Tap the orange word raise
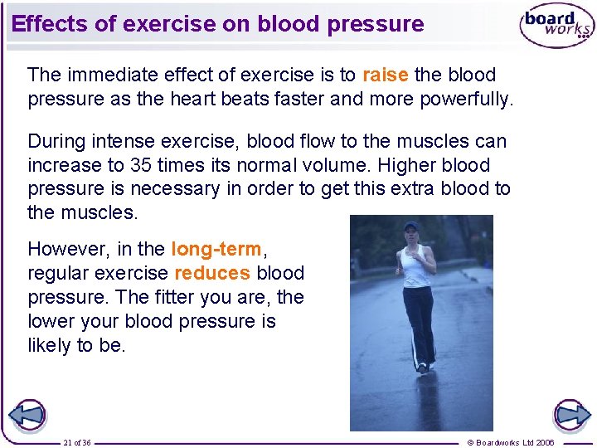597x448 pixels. pos(385,75)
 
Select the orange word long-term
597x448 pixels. pos(216,249)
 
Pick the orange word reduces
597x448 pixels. pos(212,273)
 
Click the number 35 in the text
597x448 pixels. pos(142,165)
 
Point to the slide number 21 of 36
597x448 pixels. pos(77,442)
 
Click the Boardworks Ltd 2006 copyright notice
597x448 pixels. pos(511,442)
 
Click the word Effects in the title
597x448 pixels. pos(50,24)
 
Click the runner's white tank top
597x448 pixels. pos(415,265)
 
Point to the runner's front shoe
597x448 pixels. pos(422,367)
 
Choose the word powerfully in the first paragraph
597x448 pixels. pos(468,100)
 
